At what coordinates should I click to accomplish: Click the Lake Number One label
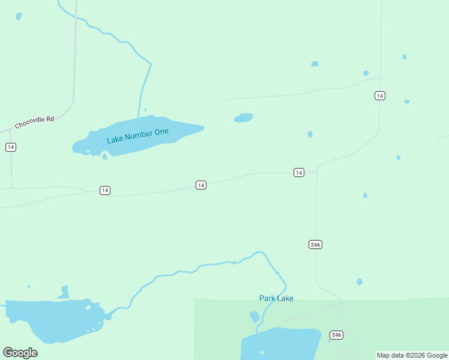(137, 136)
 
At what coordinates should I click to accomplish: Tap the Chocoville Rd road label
(34, 122)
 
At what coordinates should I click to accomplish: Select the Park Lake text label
(276, 298)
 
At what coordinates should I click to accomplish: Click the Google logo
(20, 352)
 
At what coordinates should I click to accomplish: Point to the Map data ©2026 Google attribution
(412, 355)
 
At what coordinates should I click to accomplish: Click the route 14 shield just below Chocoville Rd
(11, 147)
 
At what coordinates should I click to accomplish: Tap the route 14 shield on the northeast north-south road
(379, 95)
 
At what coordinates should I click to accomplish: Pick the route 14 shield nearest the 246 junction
(299, 173)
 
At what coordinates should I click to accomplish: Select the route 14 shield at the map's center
(201, 185)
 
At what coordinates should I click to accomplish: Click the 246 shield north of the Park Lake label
(316, 244)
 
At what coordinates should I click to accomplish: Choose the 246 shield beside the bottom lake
(336, 335)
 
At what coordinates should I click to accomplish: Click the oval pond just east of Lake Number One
(243, 118)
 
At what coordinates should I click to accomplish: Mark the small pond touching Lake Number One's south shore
(105, 157)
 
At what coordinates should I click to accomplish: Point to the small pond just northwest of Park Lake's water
(255, 316)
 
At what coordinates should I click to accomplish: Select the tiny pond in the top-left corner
(19, 16)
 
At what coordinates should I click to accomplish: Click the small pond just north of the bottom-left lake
(64, 292)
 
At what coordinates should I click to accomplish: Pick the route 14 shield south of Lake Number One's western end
(105, 190)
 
